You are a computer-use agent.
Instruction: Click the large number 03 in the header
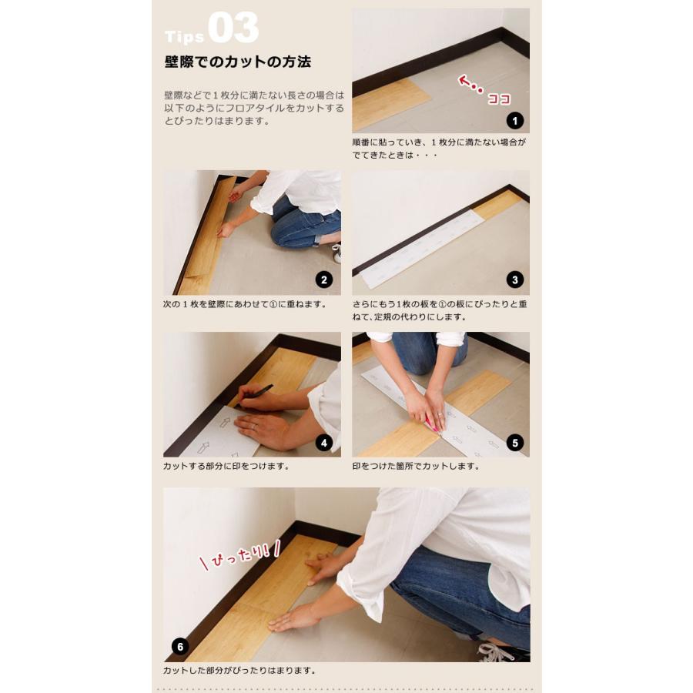click(233, 28)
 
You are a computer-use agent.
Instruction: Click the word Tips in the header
click(184, 36)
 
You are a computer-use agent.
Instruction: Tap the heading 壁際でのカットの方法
click(238, 62)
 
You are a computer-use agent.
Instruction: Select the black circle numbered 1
click(515, 120)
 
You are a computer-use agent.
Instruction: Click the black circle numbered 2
click(324, 280)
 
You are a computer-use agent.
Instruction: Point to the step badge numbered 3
click(515, 280)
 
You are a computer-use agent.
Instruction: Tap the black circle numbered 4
click(324, 443)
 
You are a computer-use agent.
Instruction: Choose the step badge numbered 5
click(515, 443)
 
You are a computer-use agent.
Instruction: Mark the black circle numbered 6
click(180, 647)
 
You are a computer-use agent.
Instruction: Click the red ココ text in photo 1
click(499, 99)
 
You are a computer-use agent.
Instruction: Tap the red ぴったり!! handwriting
click(240, 554)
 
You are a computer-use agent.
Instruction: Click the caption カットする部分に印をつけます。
click(226, 467)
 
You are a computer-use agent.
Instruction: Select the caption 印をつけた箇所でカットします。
click(416, 467)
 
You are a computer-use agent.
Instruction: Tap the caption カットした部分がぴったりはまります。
click(239, 671)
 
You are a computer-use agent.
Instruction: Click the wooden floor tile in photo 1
click(389, 104)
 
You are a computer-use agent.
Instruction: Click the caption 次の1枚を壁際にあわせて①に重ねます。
click(246, 304)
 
